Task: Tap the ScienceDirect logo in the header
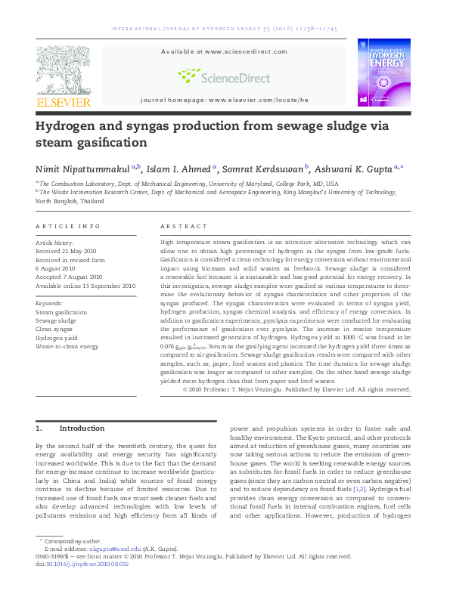(x=214, y=76)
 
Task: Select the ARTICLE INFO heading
(x=67, y=226)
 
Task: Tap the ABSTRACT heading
(x=183, y=226)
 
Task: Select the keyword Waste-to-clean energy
(x=67, y=346)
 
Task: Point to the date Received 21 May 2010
(x=70, y=251)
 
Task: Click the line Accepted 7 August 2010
(x=69, y=277)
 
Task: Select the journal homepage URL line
(x=225, y=100)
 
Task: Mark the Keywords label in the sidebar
(x=49, y=303)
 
